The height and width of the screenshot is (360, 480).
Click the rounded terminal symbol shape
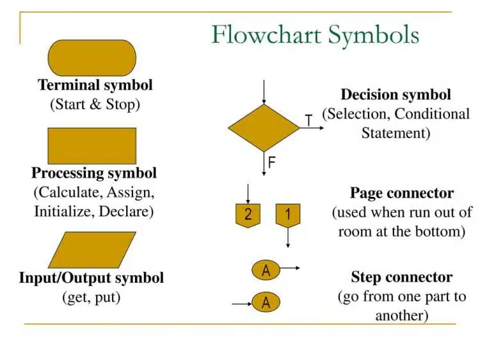click(92, 58)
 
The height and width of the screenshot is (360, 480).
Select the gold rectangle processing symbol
click(92, 146)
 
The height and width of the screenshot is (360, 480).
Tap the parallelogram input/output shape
click(92, 249)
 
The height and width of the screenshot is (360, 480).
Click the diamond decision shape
click(264, 128)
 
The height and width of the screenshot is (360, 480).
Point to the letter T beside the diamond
click(308, 120)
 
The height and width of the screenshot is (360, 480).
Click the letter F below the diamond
click(272, 162)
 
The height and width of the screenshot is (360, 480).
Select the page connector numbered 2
click(248, 215)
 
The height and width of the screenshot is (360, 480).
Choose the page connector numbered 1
click(288, 215)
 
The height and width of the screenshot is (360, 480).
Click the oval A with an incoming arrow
click(266, 302)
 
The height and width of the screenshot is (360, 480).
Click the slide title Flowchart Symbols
click(316, 35)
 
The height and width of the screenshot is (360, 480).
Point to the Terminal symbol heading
click(95, 85)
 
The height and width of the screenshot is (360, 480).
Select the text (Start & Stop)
click(95, 104)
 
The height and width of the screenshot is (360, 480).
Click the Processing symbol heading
click(94, 173)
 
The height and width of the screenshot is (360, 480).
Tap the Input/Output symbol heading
click(92, 278)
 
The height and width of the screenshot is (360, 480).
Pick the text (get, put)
click(92, 297)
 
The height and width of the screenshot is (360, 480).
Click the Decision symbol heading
click(396, 95)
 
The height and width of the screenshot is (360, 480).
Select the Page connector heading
click(402, 193)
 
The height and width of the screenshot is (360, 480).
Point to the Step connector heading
click(401, 278)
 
